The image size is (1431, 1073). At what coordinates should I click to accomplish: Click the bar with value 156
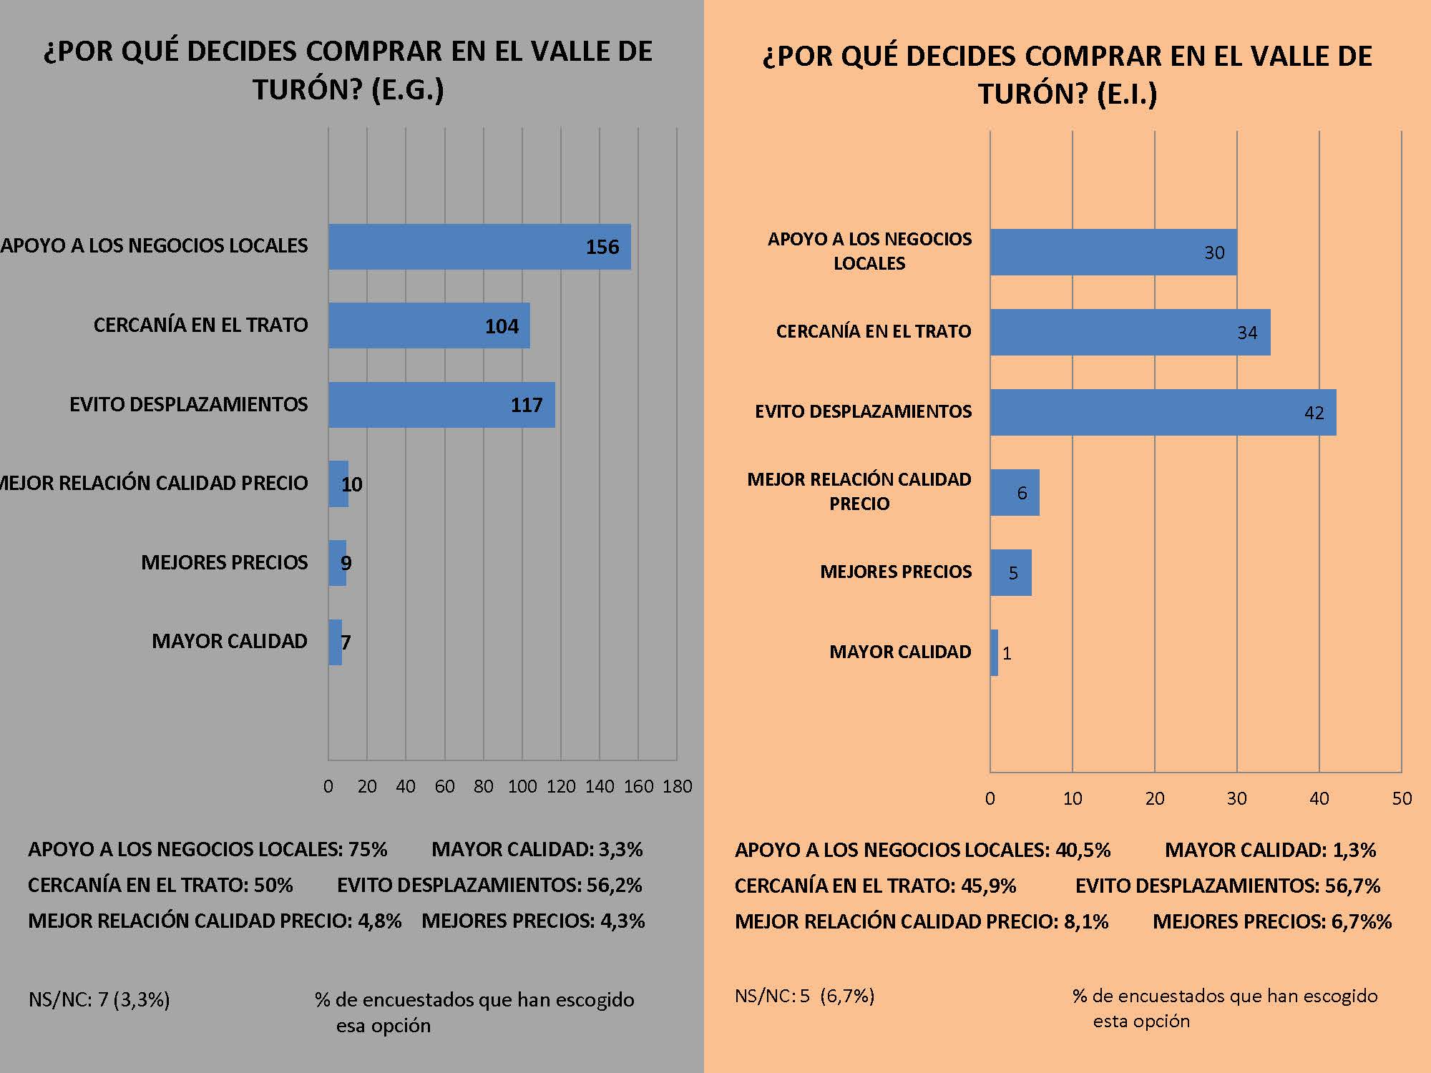coord(479,247)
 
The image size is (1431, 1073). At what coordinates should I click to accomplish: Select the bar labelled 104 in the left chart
coord(429,325)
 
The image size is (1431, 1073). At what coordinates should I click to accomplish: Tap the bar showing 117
coord(441,405)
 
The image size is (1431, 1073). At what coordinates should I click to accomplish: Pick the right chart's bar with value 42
coord(1163,412)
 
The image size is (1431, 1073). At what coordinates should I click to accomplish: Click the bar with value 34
coord(1130,332)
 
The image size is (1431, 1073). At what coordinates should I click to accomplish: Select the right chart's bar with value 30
coord(1113,252)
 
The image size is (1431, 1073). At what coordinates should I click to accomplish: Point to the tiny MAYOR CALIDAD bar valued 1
coord(994,652)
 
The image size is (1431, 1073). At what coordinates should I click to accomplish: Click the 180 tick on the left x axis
coord(677,787)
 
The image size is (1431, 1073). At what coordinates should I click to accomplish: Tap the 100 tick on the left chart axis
coord(522,787)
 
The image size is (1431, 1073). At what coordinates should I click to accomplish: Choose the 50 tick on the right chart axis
coord(1402,798)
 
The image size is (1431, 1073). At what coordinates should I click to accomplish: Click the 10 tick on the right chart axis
coord(1072,798)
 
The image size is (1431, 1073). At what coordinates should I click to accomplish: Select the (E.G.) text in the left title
coord(408,90)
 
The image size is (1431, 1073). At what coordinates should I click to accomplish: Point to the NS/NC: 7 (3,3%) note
coord(99,999)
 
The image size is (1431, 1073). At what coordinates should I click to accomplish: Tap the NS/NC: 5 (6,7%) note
coord(804,996)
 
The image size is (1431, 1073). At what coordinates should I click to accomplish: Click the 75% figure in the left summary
coord(367,849)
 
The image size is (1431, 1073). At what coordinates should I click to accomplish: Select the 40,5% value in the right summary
coord(1083,850)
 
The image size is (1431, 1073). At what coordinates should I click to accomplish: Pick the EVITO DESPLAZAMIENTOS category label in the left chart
coord(188,404)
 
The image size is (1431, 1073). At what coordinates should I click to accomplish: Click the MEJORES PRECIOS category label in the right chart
coord(896,572)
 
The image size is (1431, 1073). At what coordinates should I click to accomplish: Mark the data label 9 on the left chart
coord(346,563)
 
